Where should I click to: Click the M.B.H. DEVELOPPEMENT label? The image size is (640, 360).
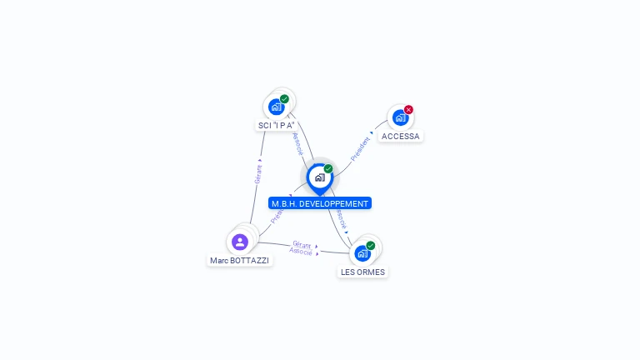click(x=319, y=203)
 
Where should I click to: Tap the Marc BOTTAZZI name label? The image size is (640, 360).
click(x=240, y=260)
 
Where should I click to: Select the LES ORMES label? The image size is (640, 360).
click(x=363, y=272)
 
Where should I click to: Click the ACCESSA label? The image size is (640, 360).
click(x=401, y=136)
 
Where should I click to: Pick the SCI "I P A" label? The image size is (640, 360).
click(x=277, y=125)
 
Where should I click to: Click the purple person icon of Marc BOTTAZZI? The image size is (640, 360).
click(x=240, y=242)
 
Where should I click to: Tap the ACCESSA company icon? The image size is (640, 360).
click(x=399, y=117)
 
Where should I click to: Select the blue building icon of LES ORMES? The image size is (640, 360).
click(x=362, y=253)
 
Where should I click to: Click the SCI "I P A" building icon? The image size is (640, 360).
click(x=276, y=107)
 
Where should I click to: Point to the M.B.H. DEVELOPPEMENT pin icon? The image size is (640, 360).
click(x=319, y=177)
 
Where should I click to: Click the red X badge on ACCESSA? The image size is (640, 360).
click(x=408, y=110)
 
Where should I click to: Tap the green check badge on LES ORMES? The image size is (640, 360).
click(x=371, y=246)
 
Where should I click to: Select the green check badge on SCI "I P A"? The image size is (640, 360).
click(x=284, y=99)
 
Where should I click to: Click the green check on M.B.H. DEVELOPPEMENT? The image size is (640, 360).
click(x=328, y=169)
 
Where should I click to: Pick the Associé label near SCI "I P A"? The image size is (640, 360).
click(x=297, y=144)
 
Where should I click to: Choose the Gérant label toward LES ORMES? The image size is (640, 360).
click(x=302, y=244)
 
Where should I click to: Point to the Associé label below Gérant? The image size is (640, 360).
click(x=301, y=251)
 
